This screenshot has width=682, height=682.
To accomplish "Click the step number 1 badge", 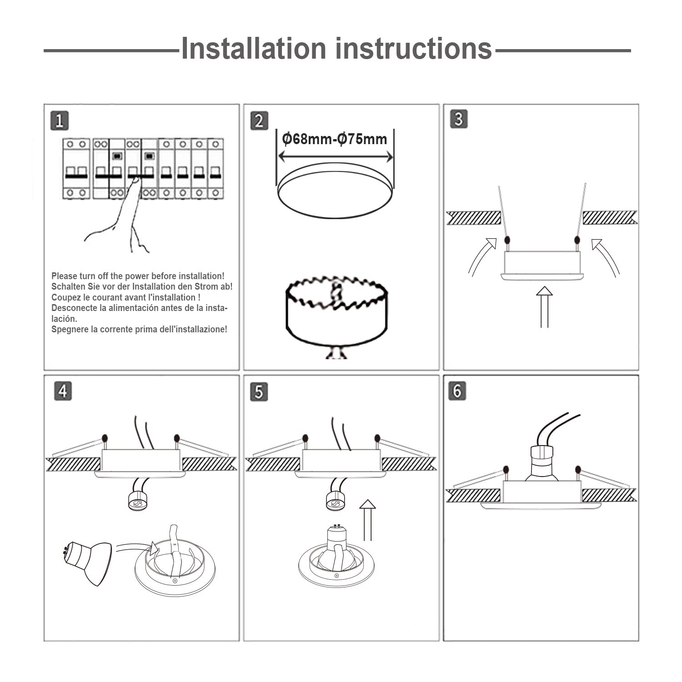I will click(x=60, y=120).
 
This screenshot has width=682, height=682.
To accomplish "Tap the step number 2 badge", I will click(x=259, y=120).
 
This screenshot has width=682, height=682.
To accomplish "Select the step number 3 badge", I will click(x=458, y=119).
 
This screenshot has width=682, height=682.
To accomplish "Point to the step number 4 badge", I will click(x=63, y=391).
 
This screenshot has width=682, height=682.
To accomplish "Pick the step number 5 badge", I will click(x=259, y=391).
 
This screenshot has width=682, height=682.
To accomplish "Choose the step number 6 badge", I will click(x=457, y=391).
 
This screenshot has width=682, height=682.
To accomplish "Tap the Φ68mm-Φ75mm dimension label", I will click(x=335, y=139).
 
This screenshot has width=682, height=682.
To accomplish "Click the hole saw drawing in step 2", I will click(x=336, y=314).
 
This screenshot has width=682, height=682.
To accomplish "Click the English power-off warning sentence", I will click(x=138, y=276).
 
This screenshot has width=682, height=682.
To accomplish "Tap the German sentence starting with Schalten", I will click(x=142, y=286).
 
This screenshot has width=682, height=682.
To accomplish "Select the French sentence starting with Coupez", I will click(x=126, y=297).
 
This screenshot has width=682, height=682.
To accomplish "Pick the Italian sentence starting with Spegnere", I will click(x=139, y=329).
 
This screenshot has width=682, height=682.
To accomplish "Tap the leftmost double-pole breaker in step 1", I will click(x=76, y=169).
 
